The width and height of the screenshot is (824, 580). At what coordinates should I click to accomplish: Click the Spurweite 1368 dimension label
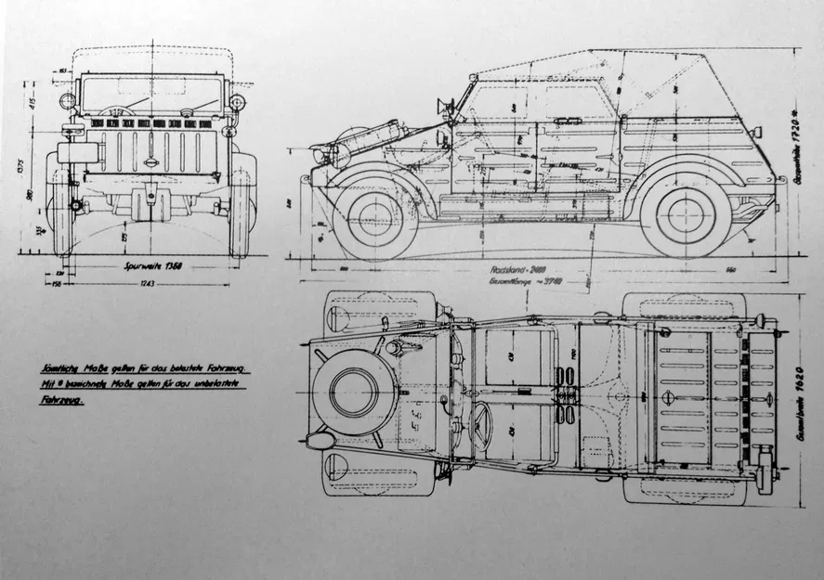click(151, 265)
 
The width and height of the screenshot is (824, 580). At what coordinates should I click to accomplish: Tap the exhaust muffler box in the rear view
click(72, 151)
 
